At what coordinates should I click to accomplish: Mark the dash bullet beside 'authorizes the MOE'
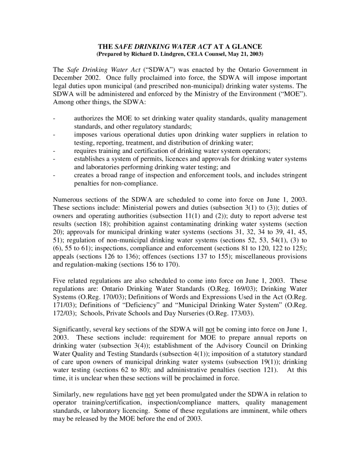pyautogui.click(x=55, y=118)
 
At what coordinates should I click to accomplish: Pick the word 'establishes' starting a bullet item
pyautogui.click(x=90, y=159)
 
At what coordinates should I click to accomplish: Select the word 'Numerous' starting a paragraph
pyautogui.click(x=68, y=200)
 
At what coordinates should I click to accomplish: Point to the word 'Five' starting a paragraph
pyautogui.click(x=60, y=281)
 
